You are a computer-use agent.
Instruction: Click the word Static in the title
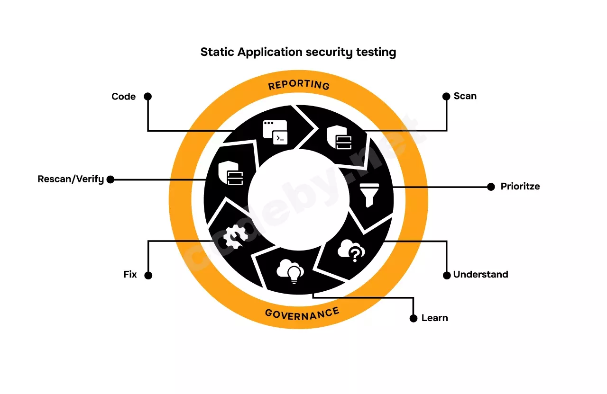[x=217, y=52]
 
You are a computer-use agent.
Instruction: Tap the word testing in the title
[x=376, y=52]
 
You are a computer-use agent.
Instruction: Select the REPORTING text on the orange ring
[x=299, y=85]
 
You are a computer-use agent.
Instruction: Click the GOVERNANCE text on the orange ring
[x=302, y=314]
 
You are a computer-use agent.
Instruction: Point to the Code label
[x=124, y=96]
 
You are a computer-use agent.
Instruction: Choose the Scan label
[x=465, y=96]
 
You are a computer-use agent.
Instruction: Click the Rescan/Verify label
[x=71, y=179]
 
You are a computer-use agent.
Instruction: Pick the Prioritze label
[x=520, y=187]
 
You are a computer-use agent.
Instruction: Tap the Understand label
[x=481, y=274]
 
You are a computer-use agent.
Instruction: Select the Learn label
[x=435, y=318]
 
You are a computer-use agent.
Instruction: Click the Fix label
[x=130, y=274]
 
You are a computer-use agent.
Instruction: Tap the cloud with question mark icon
[x=351, y=251]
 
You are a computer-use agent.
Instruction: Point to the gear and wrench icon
[x=235, y=236]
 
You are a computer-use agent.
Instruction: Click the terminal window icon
[x=275, y=132]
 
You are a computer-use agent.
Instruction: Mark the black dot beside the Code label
[x=147, y=96]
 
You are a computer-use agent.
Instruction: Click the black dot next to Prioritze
[x=491, y=187]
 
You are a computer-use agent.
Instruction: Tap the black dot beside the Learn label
[x=413, y=318]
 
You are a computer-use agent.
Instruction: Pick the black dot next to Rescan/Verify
[x=110, y=179]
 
